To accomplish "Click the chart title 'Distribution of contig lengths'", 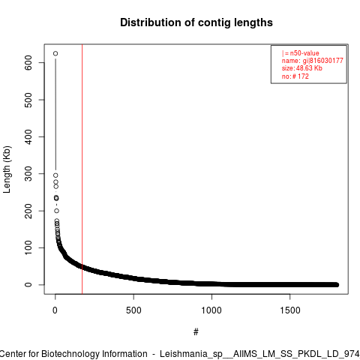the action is point(196,22).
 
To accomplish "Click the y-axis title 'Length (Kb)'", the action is point(7,169).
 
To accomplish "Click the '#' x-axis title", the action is point(196,332).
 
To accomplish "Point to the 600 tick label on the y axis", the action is point(28,62).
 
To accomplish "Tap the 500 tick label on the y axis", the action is point(28,100).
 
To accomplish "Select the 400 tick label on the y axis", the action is point(28,136).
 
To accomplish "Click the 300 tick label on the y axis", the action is point(28,174).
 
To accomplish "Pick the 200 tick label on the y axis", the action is point(28,211).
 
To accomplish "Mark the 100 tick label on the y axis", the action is point(28,247).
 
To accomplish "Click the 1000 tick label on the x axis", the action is point(211,310).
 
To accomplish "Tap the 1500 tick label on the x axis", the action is point(290,310).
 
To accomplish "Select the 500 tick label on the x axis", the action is point(133,310).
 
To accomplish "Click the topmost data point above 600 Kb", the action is point(55,53).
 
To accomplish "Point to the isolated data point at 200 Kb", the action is point(57,211).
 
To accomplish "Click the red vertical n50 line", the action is point(82,169).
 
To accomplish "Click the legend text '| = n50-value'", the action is point(301,53).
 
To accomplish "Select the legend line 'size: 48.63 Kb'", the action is point(302,68).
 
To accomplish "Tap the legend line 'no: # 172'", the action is point(295,76).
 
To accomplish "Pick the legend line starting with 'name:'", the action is point(313,61).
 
